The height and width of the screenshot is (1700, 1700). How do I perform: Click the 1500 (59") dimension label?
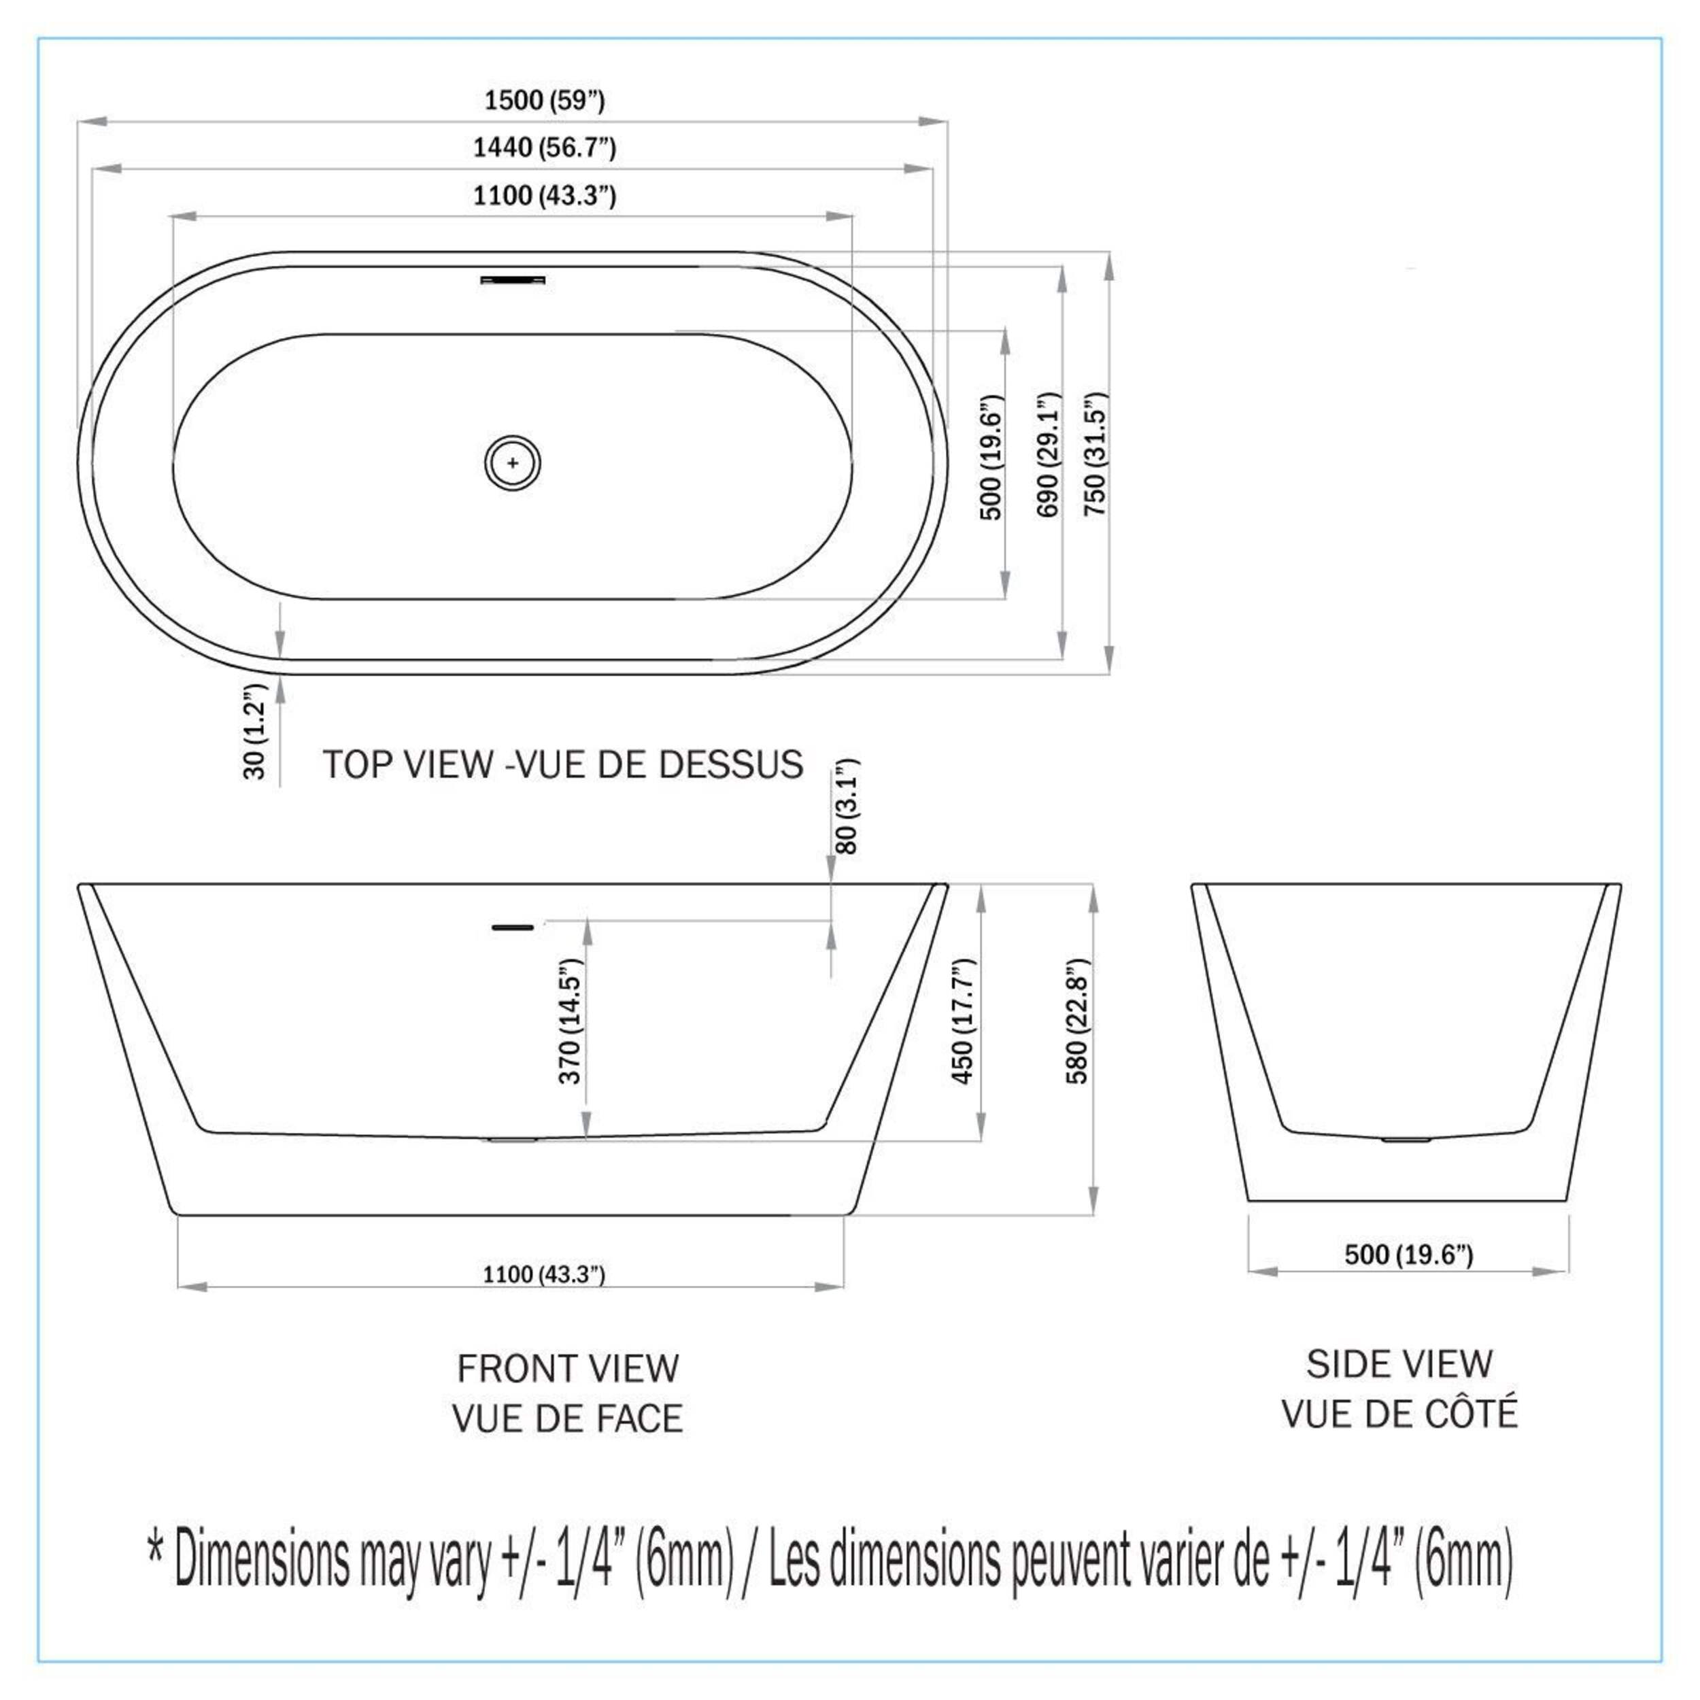tap(545, 101)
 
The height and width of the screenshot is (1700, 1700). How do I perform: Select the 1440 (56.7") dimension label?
tap(545, 147)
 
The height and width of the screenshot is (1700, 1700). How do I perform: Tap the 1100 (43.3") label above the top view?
tap(545, 194)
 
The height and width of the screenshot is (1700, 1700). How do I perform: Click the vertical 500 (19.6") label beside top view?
tap(991, 458)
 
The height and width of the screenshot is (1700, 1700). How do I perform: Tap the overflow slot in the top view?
tap(512, 279)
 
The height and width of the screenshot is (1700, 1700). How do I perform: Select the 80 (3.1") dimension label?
tap(846, 806)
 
